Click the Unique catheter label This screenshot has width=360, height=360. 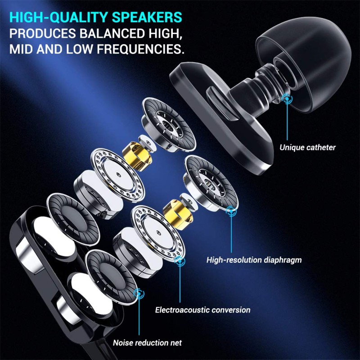tap(307, 147)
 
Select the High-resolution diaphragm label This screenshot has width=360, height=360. tap(254, 260)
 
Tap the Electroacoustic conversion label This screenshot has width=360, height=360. tap(202, 310)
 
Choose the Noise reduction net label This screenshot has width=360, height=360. tap(147, 343)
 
